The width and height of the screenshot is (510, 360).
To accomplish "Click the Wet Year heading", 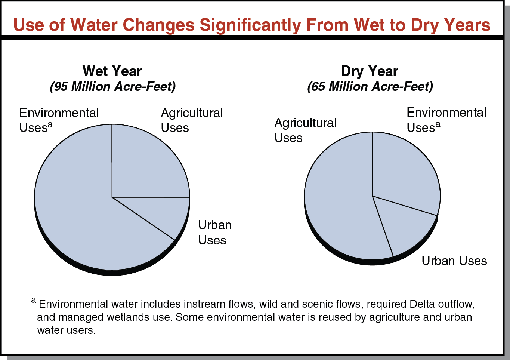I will point(112,71).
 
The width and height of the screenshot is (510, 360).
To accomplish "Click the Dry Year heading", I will point(370,71).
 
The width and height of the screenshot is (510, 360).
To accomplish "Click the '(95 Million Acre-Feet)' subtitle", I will point(112,87).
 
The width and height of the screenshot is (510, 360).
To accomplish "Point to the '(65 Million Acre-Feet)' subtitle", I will point(370,87).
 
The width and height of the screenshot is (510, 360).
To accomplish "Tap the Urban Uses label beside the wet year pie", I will point(214,232).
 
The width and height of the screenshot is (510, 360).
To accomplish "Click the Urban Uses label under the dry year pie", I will point(454,261).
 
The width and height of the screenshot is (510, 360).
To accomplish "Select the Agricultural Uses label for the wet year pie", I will point(192,120).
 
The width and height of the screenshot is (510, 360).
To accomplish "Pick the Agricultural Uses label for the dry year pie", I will point(305,130).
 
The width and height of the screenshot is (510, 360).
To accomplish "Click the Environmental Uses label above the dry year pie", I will point(446,120).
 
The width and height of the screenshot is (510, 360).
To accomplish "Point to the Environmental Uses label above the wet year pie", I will point(59,120).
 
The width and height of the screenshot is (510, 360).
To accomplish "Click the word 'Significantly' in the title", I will point(250,25).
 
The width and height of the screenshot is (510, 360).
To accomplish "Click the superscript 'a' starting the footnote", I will point(34,300).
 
